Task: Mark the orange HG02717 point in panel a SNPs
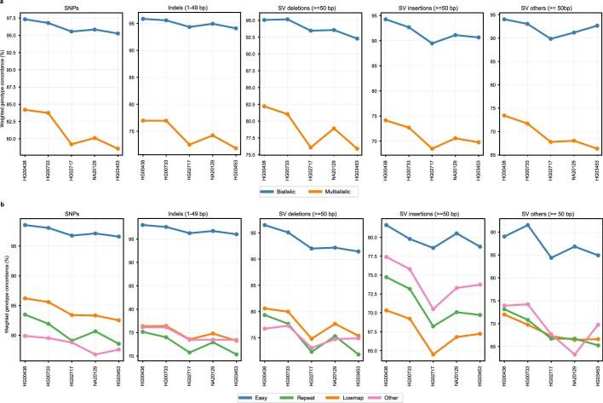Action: [x=72, y=144]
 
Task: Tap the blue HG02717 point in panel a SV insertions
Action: [x=433, y=43]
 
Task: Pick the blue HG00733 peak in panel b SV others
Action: [x=528, y=225]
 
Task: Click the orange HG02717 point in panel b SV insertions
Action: [x=433, y=354]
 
